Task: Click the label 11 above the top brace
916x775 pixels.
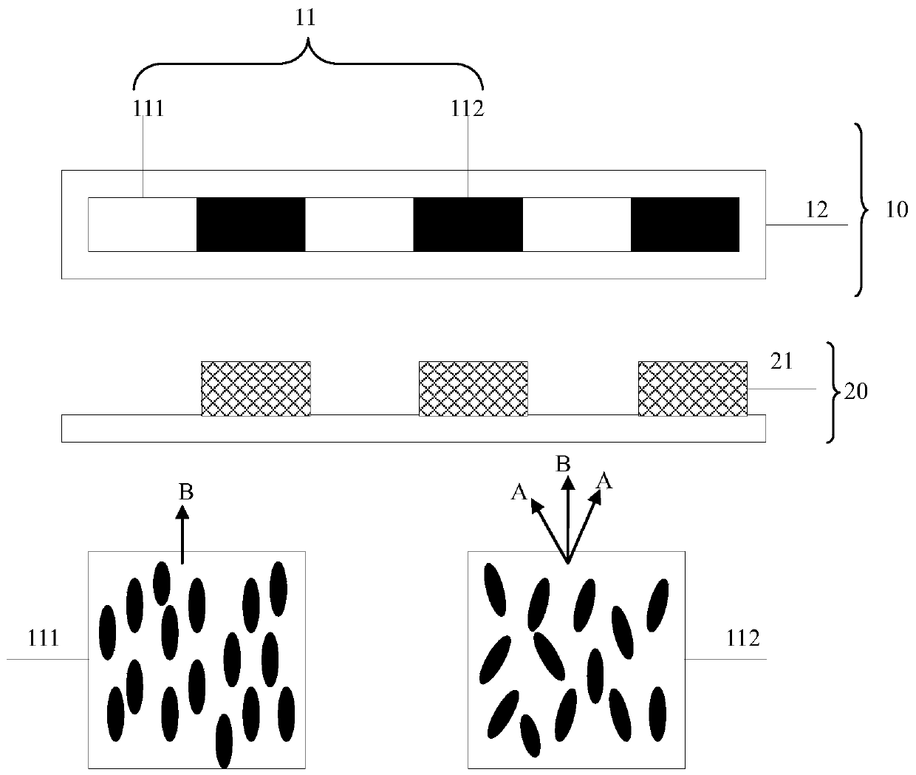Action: pos(305,18)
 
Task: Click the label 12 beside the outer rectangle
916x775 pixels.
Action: pos(816,210)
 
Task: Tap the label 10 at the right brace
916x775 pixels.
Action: pos(896,210)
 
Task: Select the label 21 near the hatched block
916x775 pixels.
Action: pos(782,361)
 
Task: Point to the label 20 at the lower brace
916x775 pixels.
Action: pos(855,392)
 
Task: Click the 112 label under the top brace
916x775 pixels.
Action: pos(468,109)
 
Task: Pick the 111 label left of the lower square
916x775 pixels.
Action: pos(43,638)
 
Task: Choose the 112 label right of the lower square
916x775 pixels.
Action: pos(743,638)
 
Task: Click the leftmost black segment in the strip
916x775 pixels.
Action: pos(250,224)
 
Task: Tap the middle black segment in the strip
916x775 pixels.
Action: pos(468,224)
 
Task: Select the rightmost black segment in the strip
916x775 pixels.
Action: pos(685,224)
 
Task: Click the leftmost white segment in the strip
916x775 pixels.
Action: pos(143,224)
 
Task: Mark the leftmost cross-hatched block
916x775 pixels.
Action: pos(256,388)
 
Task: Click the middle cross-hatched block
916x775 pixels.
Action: pos(474,388)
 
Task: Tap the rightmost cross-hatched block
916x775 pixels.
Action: pos(692,388)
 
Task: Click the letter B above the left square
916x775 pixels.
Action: pos(186,492)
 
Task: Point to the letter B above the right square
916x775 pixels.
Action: pos(563,464)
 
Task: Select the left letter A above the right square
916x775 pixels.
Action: pos(519,493)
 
